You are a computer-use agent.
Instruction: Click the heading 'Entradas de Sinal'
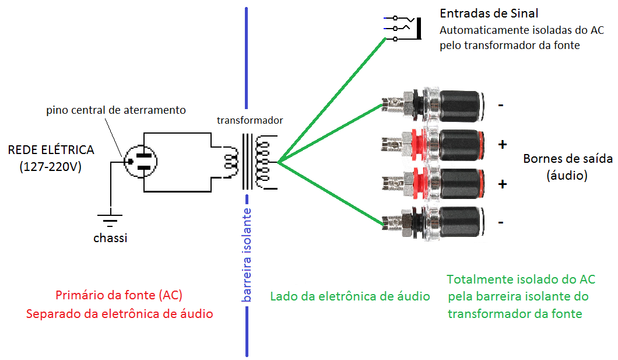click(x=489, y=13)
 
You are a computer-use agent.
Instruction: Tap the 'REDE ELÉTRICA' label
click(x=51, y=150)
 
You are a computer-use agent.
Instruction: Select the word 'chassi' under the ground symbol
click(x=110, y=238)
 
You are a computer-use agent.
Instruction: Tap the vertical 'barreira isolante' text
click(x=247, y=254)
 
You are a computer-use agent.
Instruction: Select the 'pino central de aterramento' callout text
click(x=116, y=110)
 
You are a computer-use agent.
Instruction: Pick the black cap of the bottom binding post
click(x=461, y=221)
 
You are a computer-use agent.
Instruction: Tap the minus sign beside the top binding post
click(x=501, y=106)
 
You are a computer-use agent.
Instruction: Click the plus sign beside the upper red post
click(x=503, y=144)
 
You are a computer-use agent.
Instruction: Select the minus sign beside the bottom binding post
click(x=501, y=222)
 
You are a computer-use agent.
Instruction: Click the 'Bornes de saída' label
click(x=567, y=159)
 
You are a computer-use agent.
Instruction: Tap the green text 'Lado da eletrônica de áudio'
click(x=350, y=296)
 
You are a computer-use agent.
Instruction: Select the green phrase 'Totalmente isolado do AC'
click(x=521, y=279)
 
